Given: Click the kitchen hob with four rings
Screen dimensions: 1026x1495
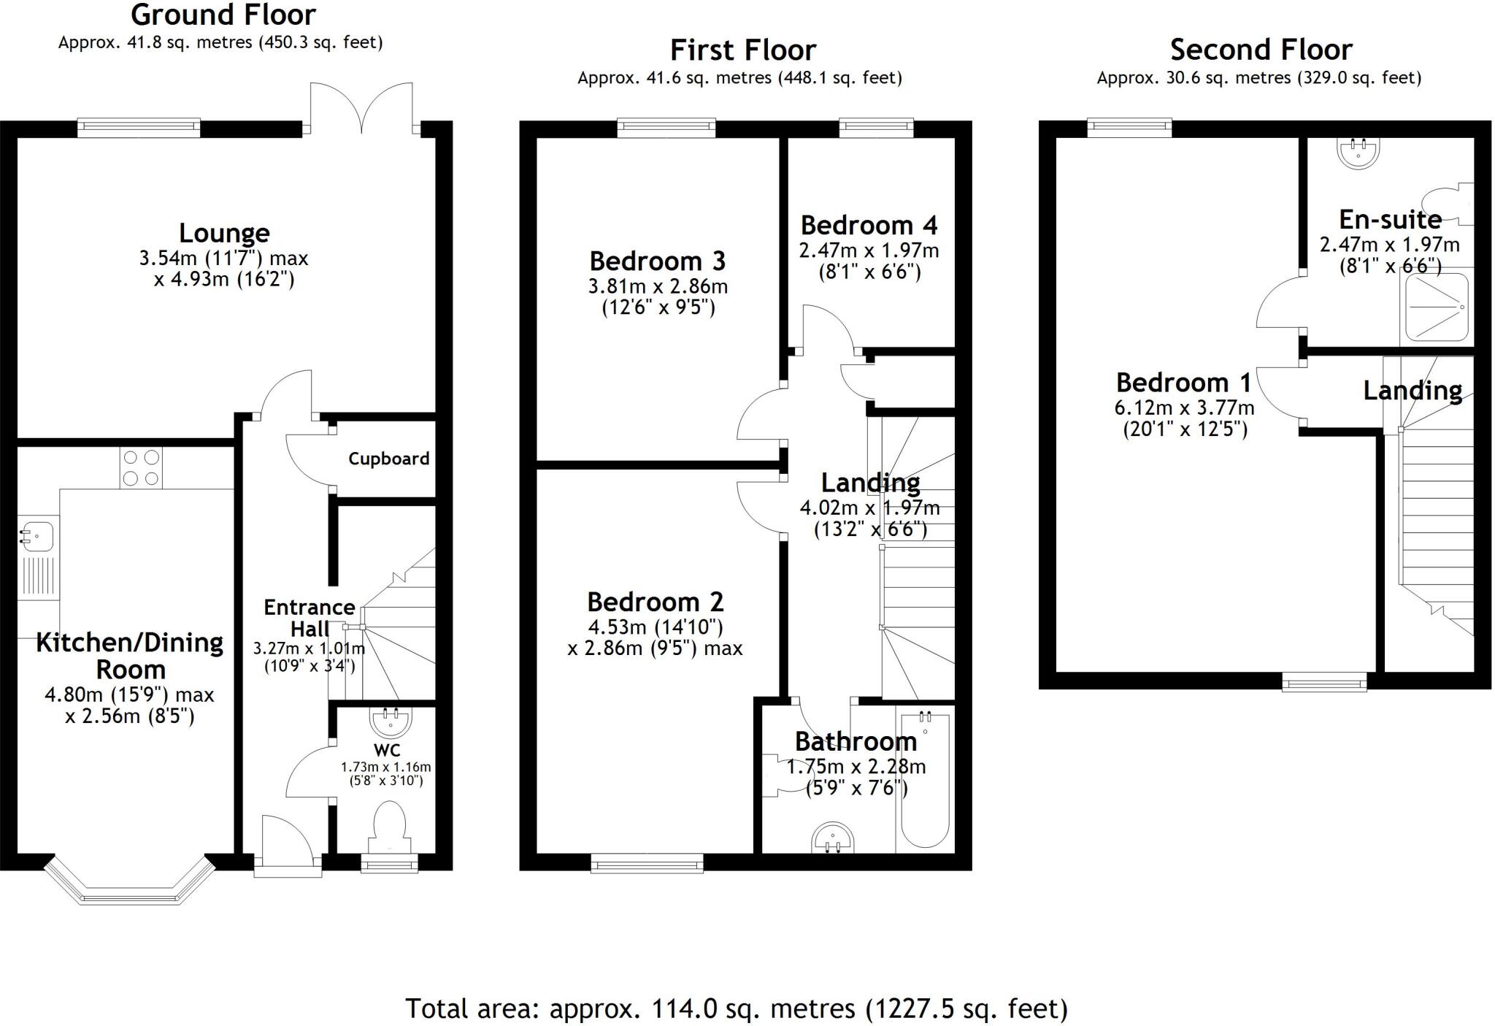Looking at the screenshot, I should pos(141,468).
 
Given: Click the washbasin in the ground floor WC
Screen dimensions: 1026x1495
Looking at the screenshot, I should pos(391,720).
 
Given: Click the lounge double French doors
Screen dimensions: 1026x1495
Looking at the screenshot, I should pos(361,110).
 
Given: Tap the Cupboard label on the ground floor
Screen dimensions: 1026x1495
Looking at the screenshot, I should pos(388,459).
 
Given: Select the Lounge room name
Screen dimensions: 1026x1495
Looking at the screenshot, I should pos(224,234).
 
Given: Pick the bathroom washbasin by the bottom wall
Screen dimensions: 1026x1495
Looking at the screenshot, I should pos(833,838).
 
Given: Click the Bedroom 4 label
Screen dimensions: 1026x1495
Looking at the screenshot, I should pos(869,226).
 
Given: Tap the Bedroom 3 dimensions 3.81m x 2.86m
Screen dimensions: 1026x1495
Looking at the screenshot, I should pos(658,286).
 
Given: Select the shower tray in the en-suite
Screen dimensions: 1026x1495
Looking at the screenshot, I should pos(1434,307).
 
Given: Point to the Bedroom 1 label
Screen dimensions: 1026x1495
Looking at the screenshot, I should pos(1183,383).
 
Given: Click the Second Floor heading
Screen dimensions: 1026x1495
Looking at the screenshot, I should pos(1261,50).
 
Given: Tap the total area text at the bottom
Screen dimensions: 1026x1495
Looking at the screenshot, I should pos(736,1008).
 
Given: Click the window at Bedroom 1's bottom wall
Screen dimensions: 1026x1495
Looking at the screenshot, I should pos(1324,684).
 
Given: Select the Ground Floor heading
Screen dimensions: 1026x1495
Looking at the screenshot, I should pos(223,15).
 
